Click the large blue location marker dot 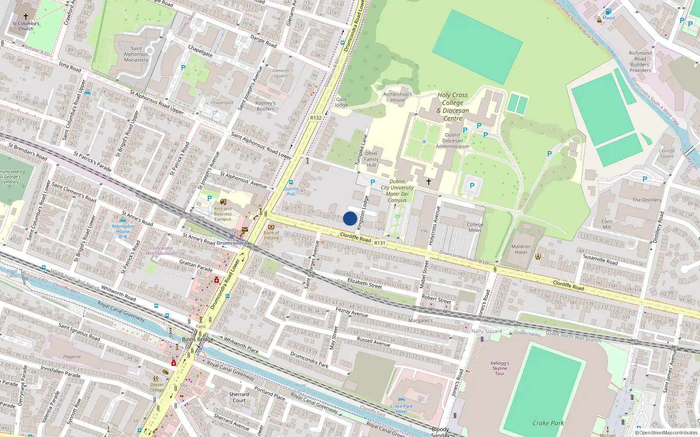(350, 218)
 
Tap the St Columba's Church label (26, 26)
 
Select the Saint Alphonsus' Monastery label (136, 55)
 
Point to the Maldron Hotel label (521, 249)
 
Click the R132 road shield (315, 118)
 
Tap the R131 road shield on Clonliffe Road (380, 243)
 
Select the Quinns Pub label (291, 191)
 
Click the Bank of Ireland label (271, 235)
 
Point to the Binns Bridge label (198, 339)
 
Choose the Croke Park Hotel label (401, 409)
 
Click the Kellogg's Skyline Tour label (500, 368)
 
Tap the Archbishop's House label (397, 97)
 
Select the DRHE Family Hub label (371, 159)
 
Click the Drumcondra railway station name (231, 243)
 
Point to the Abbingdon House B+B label (123, 231)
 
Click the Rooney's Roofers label (266, 106)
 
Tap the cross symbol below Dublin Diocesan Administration (429, 181)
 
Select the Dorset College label (157, 387)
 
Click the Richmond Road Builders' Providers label (640, 62)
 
